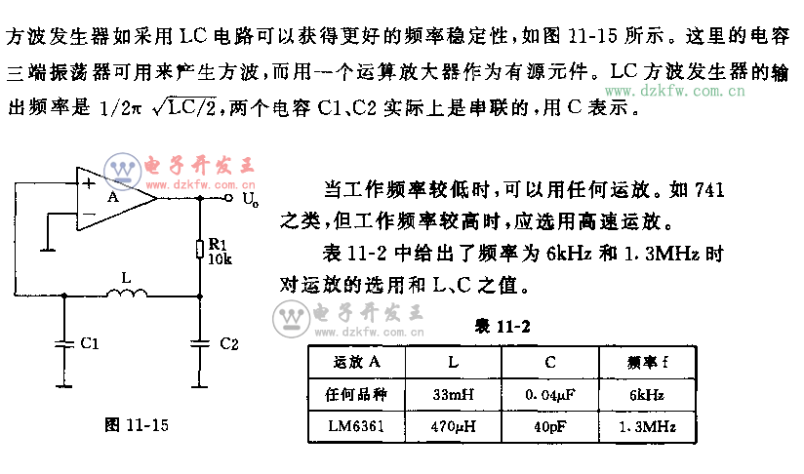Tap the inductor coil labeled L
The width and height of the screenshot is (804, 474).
pos(128,290)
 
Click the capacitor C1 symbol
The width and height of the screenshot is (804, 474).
pos(64,342)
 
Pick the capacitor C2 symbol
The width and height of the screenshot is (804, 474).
pos(200,342)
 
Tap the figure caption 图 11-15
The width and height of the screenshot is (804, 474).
pos(138,424)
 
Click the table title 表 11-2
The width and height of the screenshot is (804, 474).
pos(501,326)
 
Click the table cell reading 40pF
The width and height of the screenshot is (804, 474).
pos(549,426)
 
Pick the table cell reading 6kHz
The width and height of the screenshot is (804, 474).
pos(646,395)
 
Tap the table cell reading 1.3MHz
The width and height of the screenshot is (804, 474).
pos(646,426)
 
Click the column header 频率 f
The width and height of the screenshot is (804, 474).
pos(646,364)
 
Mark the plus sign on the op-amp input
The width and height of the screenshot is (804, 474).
pos(90,182)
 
